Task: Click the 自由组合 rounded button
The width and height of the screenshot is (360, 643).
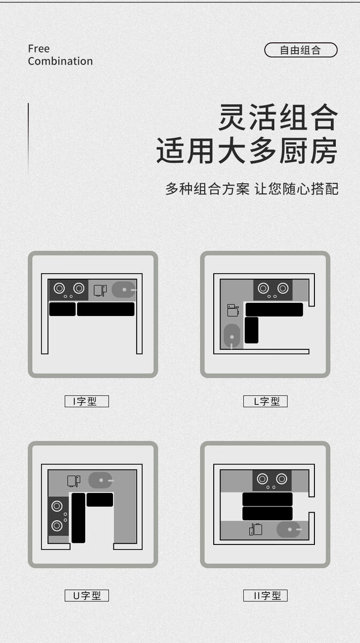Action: pos(301,50)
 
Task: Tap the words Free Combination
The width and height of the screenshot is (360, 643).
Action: pos(60,55)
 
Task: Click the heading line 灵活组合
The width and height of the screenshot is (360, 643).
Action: pos(278,117)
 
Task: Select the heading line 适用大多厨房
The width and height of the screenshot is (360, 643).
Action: pos(247,152)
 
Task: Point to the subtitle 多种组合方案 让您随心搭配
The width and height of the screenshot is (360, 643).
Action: pos(252,189)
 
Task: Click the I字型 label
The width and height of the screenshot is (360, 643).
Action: pos(86,401)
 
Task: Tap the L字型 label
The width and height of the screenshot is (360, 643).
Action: pos(265,401)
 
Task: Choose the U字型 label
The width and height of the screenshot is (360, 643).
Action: pos(86,595)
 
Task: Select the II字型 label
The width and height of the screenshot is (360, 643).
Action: pos(265,595)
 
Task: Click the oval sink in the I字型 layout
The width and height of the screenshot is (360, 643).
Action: pos(124,289)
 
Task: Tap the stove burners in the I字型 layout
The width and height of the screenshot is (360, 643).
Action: pos(69,289)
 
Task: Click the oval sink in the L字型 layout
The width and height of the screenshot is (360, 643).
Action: pos(232,336)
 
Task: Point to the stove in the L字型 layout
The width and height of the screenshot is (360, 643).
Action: pos(273,289)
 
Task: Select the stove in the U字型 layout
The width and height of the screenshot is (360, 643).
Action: pos(58,516)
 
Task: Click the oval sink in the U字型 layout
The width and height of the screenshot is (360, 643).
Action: pos(100,480)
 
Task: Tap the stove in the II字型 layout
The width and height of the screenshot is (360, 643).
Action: pos(272,480)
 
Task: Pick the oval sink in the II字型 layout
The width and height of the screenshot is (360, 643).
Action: pos(288,530)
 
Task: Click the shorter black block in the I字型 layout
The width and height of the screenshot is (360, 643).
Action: pos(62,309)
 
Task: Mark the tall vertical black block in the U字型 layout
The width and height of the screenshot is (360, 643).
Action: pos(78,518)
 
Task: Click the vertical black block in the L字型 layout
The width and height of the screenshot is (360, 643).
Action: pos(251,330)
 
